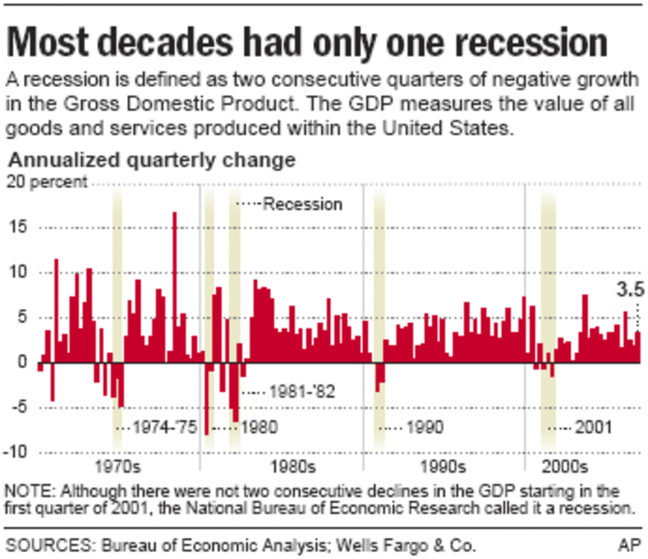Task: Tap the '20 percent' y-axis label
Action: coord(47,181)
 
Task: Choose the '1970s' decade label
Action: coord(119,468)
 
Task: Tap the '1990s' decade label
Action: coord(443,468)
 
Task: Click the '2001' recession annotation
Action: coord(593,427)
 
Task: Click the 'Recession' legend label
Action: coord(303,205)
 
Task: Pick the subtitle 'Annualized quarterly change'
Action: coord(151,159)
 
